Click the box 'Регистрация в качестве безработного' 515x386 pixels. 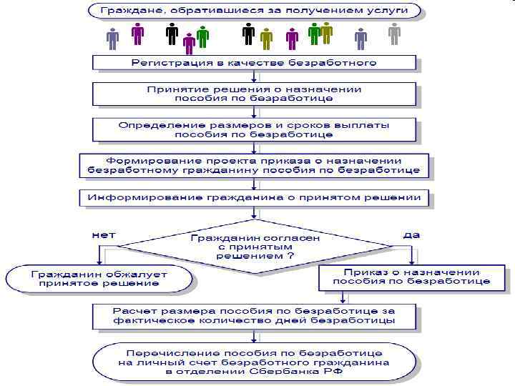pos(253,63)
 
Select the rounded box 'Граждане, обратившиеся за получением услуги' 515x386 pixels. pos(253,11)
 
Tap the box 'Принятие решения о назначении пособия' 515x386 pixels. pos(253,94)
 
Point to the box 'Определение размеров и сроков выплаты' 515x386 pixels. pos(253,129)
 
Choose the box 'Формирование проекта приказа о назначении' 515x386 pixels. pos(253,166)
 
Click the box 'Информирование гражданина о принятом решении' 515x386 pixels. pos(253,197)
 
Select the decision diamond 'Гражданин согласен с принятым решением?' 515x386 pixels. pos(255,246)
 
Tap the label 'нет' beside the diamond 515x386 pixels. pos(103,234)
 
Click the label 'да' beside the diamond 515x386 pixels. pos(411,234)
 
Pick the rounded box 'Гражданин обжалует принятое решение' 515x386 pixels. pos(99,279)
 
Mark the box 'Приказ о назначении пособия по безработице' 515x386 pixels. pos(411,277)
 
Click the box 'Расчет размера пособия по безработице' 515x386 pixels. pos(253,316)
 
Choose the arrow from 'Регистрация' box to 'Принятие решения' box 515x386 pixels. pos(253,76)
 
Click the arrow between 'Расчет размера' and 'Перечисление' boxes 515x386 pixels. pos(253,337)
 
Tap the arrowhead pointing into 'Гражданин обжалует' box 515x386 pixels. pos(99,262)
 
